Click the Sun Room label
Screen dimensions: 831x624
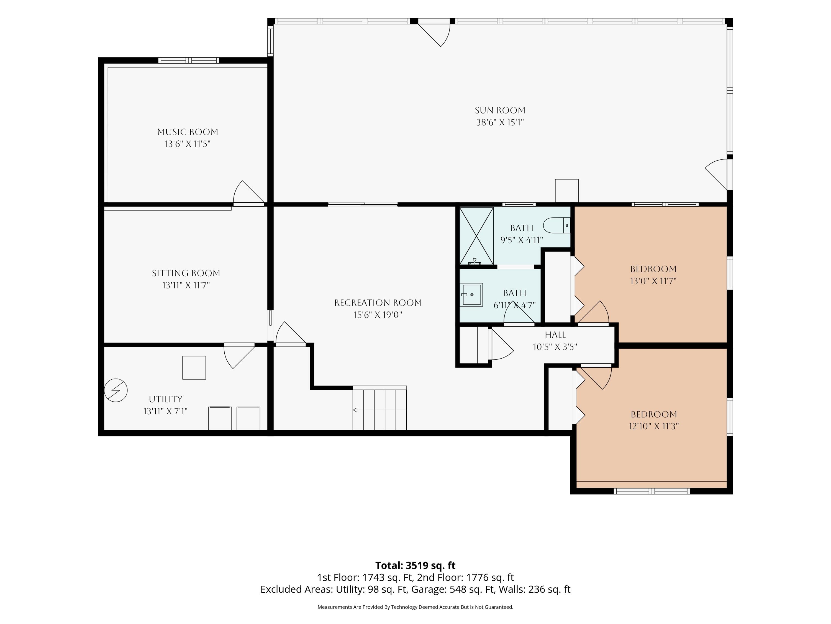[x=500, y=110]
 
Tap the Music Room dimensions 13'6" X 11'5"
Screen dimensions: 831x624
[x=188, y=144]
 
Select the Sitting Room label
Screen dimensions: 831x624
[x=186, y=273]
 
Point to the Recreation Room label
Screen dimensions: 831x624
[x=378, y=303]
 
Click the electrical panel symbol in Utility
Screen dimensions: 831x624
[x=116, y=390]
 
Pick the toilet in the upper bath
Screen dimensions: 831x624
[x=557, y=225]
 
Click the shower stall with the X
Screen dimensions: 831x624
[x=476, y=236]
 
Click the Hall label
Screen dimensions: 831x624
[x=555, y=335]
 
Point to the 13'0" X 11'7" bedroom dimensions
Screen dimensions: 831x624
[x=653, y=281]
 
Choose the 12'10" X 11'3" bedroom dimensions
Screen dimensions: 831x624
[x=654, y=426]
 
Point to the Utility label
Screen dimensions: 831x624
[x=166, y=399]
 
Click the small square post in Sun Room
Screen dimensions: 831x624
[x=567, y=191]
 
